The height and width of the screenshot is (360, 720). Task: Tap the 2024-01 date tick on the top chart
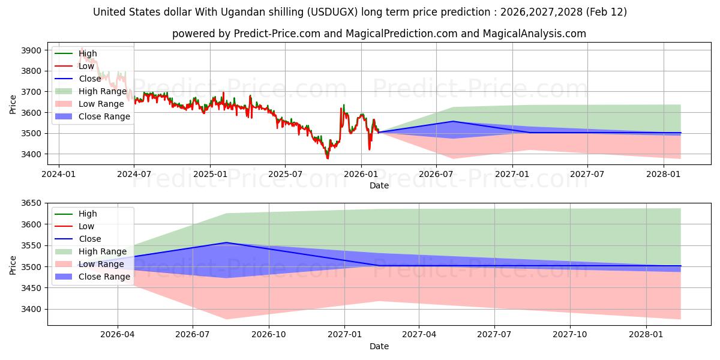pos(58,174)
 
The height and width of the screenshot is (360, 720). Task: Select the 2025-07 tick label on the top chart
pos(284,174)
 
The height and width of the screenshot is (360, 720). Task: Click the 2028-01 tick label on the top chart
pos(664,174)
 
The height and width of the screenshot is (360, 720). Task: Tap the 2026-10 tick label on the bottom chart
pos(269,334)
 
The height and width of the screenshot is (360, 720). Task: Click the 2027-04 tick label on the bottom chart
pos(419,334)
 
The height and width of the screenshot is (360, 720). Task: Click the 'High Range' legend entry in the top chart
pos(103,91)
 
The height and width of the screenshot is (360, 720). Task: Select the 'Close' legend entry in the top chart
pos(89,79)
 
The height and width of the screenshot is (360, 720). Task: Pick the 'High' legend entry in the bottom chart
pos(88,214)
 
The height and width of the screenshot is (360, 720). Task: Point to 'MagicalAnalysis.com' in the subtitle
pos(535,34)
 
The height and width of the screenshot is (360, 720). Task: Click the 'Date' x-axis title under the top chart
pos(379,185)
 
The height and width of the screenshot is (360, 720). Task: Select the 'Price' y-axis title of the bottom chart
pos(13,265)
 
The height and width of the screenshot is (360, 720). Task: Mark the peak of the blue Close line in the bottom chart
pos(226,242)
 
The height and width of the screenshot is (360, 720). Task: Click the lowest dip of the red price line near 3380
pos(328,158)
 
